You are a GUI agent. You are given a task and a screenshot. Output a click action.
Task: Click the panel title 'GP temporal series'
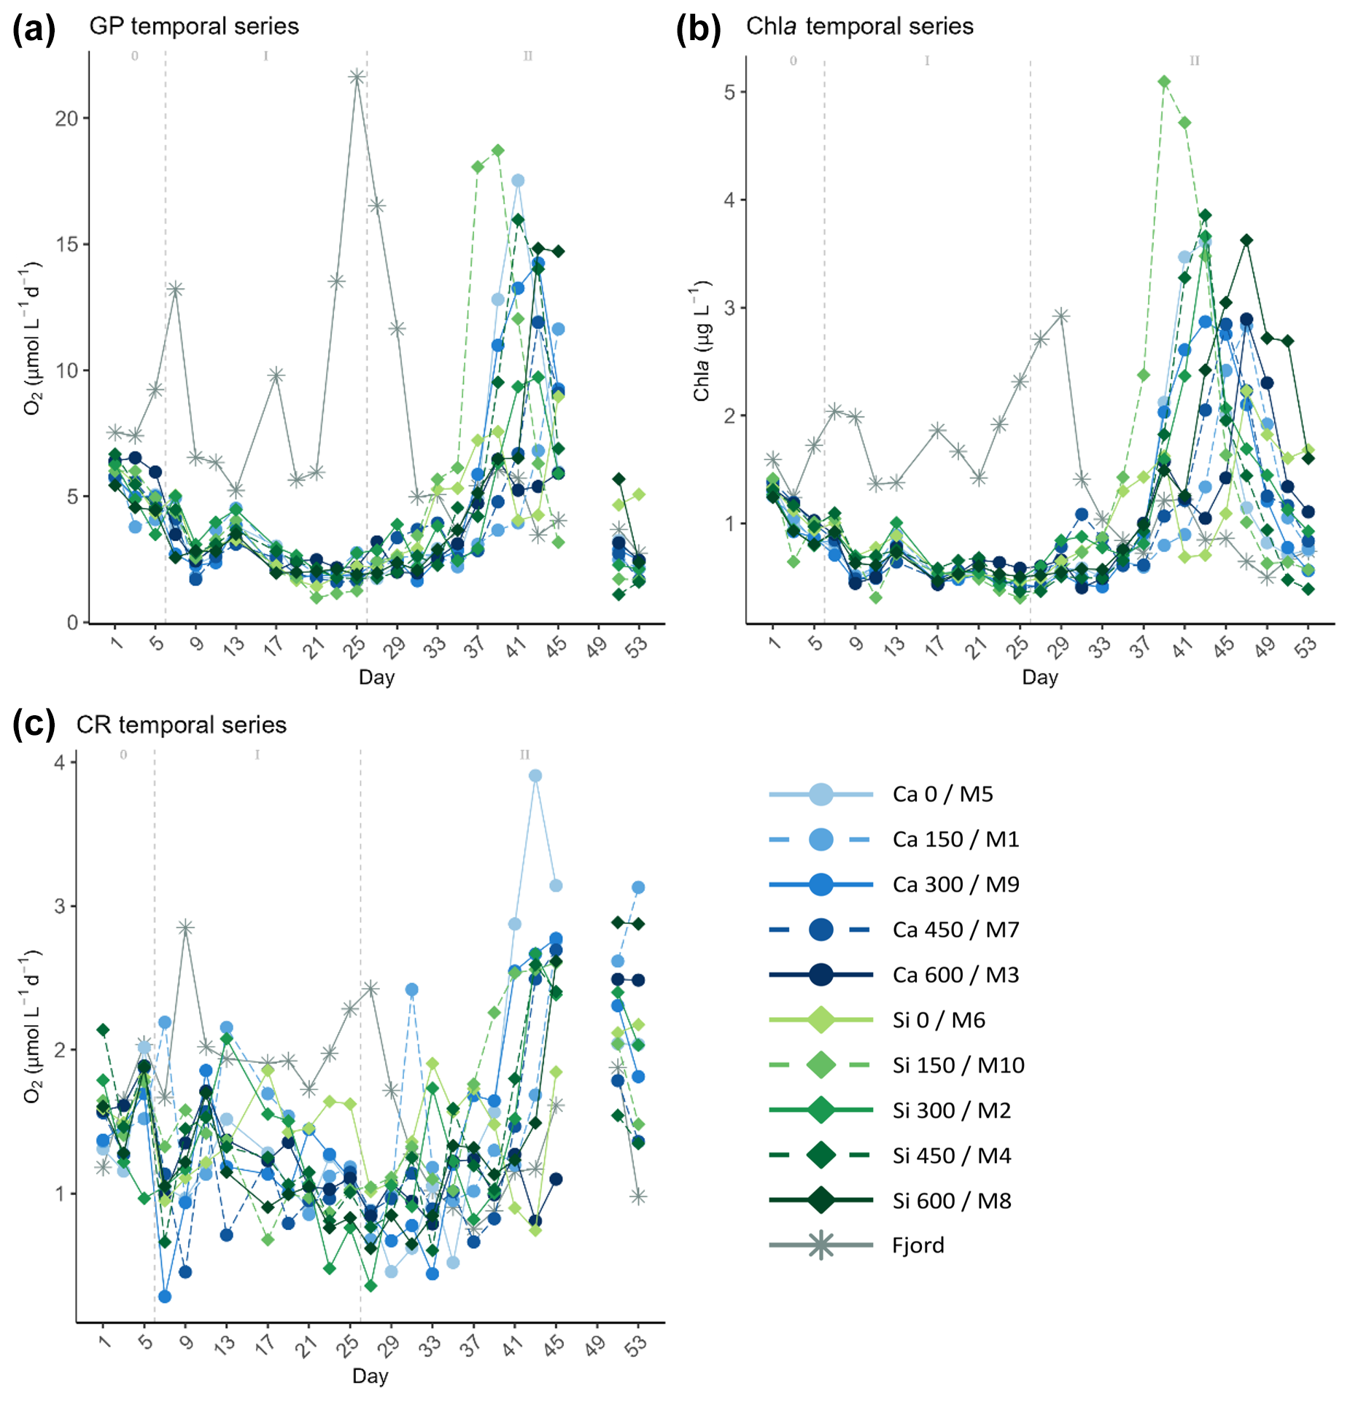pyautogui.click(x=193, y=26)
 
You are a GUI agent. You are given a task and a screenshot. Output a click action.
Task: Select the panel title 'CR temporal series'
pyautogui.click(x=181, y=725)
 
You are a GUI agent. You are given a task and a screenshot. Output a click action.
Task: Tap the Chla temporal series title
pyautogui.click(x=859, y=26)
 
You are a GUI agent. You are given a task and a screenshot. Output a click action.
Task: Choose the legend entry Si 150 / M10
pyautogui.click(x=958, y=1065)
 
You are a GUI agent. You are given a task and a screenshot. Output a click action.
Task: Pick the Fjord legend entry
pyautogui.click(x=918, y=1245)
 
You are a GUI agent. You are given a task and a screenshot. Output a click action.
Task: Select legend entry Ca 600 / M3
pyautogui.click(x=955, y=975)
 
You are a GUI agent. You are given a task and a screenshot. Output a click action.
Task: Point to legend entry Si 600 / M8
pyautogui.click(x=951, y=1201)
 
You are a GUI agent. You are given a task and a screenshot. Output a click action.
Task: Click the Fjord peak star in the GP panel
pyautogui.click(x=357, y=77)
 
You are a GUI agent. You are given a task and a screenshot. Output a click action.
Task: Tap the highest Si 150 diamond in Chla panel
pyautogui.click(x=1164, y=82)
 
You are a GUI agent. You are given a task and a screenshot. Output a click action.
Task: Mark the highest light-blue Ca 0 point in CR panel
pyautogui.click(x=535, y=776)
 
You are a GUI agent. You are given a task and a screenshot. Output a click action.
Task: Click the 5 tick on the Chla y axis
pyautogui.click(x=730, y=92)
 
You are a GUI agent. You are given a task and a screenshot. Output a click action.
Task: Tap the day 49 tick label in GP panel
pyautogui.click(x=597, y=646)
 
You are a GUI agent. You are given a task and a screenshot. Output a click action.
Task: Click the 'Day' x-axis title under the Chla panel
pyautogui.click(x=1039, y=677)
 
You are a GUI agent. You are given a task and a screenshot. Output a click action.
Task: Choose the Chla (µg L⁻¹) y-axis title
pyautogui.click(x=702, y=340)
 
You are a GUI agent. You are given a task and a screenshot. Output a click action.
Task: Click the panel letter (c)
pyautogui.click(x=34, y=724)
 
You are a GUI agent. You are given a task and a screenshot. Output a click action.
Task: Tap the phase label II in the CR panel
pyautogui.click(x=524, y=755)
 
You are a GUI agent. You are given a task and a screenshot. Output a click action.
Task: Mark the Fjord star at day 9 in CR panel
pyautogui.click(x=185, y=927)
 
